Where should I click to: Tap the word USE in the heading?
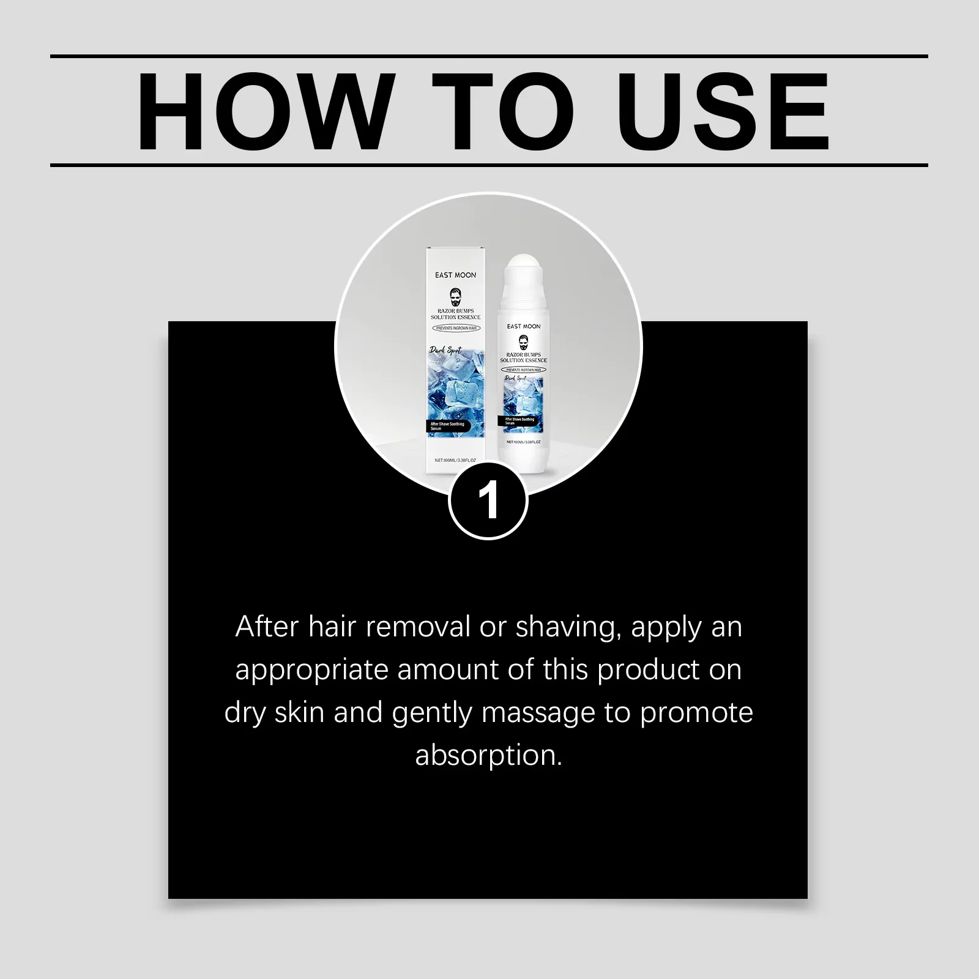click(723, 111)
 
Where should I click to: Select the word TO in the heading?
click(503, 111)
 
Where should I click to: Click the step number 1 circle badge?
click(488, 501)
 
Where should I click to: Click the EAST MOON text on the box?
click(455, 275)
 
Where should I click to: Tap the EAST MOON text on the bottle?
click(524, 327)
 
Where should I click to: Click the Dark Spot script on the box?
click(445, 351)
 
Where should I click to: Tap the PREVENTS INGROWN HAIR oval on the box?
click(456, 329)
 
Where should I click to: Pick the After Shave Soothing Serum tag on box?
click(447, 426)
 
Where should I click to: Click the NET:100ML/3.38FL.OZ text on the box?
click(455, 460)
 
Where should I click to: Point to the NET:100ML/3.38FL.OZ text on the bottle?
click(524, 442)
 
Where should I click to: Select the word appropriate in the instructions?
click(312, 671)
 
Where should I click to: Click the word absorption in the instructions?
click(488, 756)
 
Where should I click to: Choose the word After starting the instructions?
click(267, 627)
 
